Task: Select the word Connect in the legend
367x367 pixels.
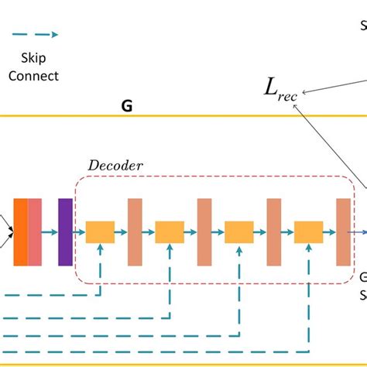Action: [36, 76]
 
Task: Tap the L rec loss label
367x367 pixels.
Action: [282, 89]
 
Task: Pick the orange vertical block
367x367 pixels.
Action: [20, 232]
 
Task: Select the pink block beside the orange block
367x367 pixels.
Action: [35, 232]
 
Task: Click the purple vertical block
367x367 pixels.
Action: [65, 232]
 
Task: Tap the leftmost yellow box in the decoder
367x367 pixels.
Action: [100, 232]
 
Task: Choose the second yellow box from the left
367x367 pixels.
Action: [170, 232]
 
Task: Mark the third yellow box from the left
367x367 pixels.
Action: [239, 232]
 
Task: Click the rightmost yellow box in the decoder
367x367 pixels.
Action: [308, 232]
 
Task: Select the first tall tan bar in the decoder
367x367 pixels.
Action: [135, 232]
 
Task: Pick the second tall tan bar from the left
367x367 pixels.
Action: [204, 232]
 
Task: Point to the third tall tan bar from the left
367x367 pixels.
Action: [274, 232]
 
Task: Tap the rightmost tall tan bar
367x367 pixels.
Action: [343, 232]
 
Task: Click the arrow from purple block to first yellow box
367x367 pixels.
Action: [79, 232]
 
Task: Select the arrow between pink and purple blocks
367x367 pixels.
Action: [50, 232]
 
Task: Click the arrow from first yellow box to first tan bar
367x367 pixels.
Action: [121, 232]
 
